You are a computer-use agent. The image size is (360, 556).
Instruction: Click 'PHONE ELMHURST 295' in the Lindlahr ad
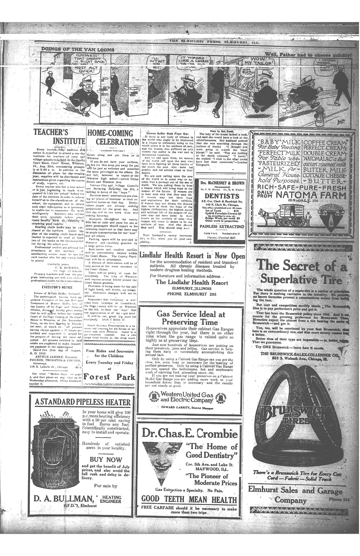pyautogui.click(x=192, y=294)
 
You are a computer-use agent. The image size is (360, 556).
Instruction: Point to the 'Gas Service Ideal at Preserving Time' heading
pyautogui.click(x=191, y=318)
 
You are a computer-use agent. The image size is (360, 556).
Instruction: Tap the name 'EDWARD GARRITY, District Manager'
pyautogui.click(x=187, y=408)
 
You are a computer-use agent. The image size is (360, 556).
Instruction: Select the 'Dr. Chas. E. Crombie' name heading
pyautogui.click(x=190, y=434)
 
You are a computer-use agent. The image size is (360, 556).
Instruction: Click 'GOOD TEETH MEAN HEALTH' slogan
pyautogui.click(x=189, y=500)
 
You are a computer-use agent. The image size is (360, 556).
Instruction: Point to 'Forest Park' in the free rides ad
pyautogui.click(x=109, y=377)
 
